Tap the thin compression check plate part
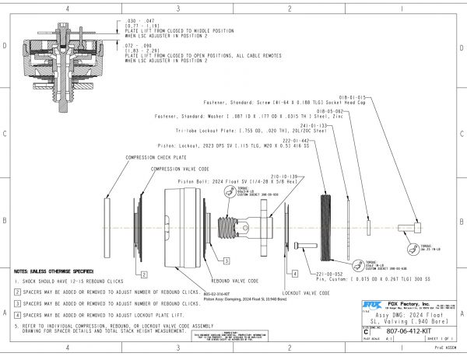tap(106, 226)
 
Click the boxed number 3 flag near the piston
tap(226, 260)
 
